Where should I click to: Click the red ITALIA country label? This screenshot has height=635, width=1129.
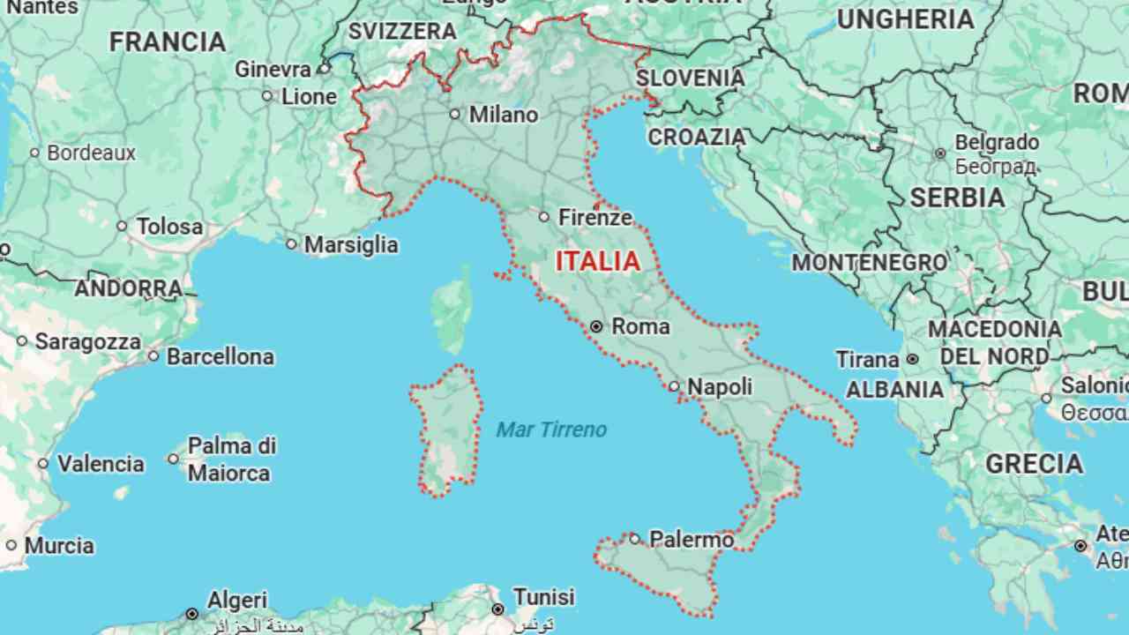click(x=598, y=261)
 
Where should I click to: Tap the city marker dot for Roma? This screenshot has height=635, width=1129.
click(x=596, y=326)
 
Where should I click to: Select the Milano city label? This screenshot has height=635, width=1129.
click(x=503, y=115)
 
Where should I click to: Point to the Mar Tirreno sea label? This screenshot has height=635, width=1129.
click(x=551, y=430)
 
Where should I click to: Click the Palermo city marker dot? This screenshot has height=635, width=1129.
click(x=634, y=538)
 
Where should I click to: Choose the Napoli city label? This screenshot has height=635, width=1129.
click(x=720, y=387)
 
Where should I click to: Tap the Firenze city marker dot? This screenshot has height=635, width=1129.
click(x=544, y=217)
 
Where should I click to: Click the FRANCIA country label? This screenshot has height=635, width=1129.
click(x=168, y=41)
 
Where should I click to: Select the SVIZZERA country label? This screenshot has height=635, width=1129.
click(x=402, y=32)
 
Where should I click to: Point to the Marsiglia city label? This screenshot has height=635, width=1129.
click(x=351, y=244)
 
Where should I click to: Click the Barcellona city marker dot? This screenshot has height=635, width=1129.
click(x=153, y=356)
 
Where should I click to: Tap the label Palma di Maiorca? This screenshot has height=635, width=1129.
click(x=231, y=459)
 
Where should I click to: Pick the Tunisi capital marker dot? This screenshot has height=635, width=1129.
click(x=498, y=609)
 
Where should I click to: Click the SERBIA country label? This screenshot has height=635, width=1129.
click(x=957, y=198)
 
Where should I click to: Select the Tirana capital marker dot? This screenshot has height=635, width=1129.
click(x=912, y=359)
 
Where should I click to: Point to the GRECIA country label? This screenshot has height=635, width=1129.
click(x=1034, y=464)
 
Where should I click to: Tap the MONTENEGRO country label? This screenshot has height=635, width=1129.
click(x=869, y=262)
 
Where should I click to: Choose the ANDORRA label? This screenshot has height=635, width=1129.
click(x=129, y=288)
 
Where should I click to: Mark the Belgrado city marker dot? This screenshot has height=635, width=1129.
click(x=940, y=153)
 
